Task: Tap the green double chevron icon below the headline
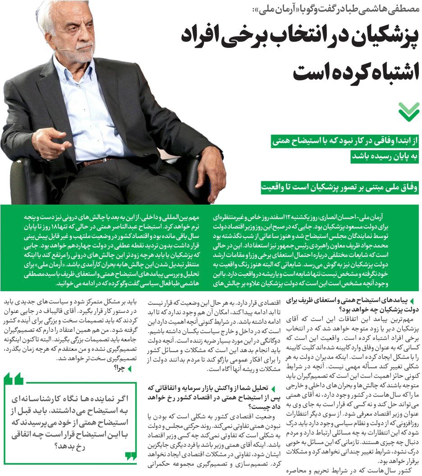[408, 112]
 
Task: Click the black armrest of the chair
[27, 176]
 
